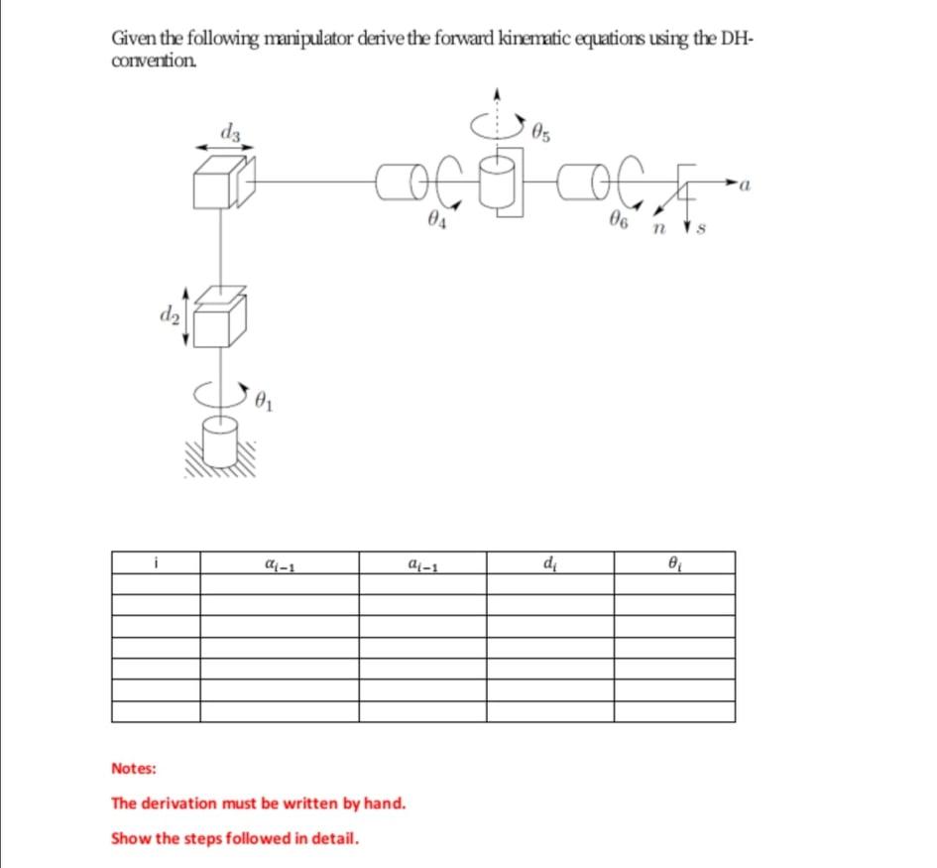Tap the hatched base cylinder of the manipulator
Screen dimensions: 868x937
tap(220, 440)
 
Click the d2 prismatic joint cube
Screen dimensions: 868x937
tap(215, 321)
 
